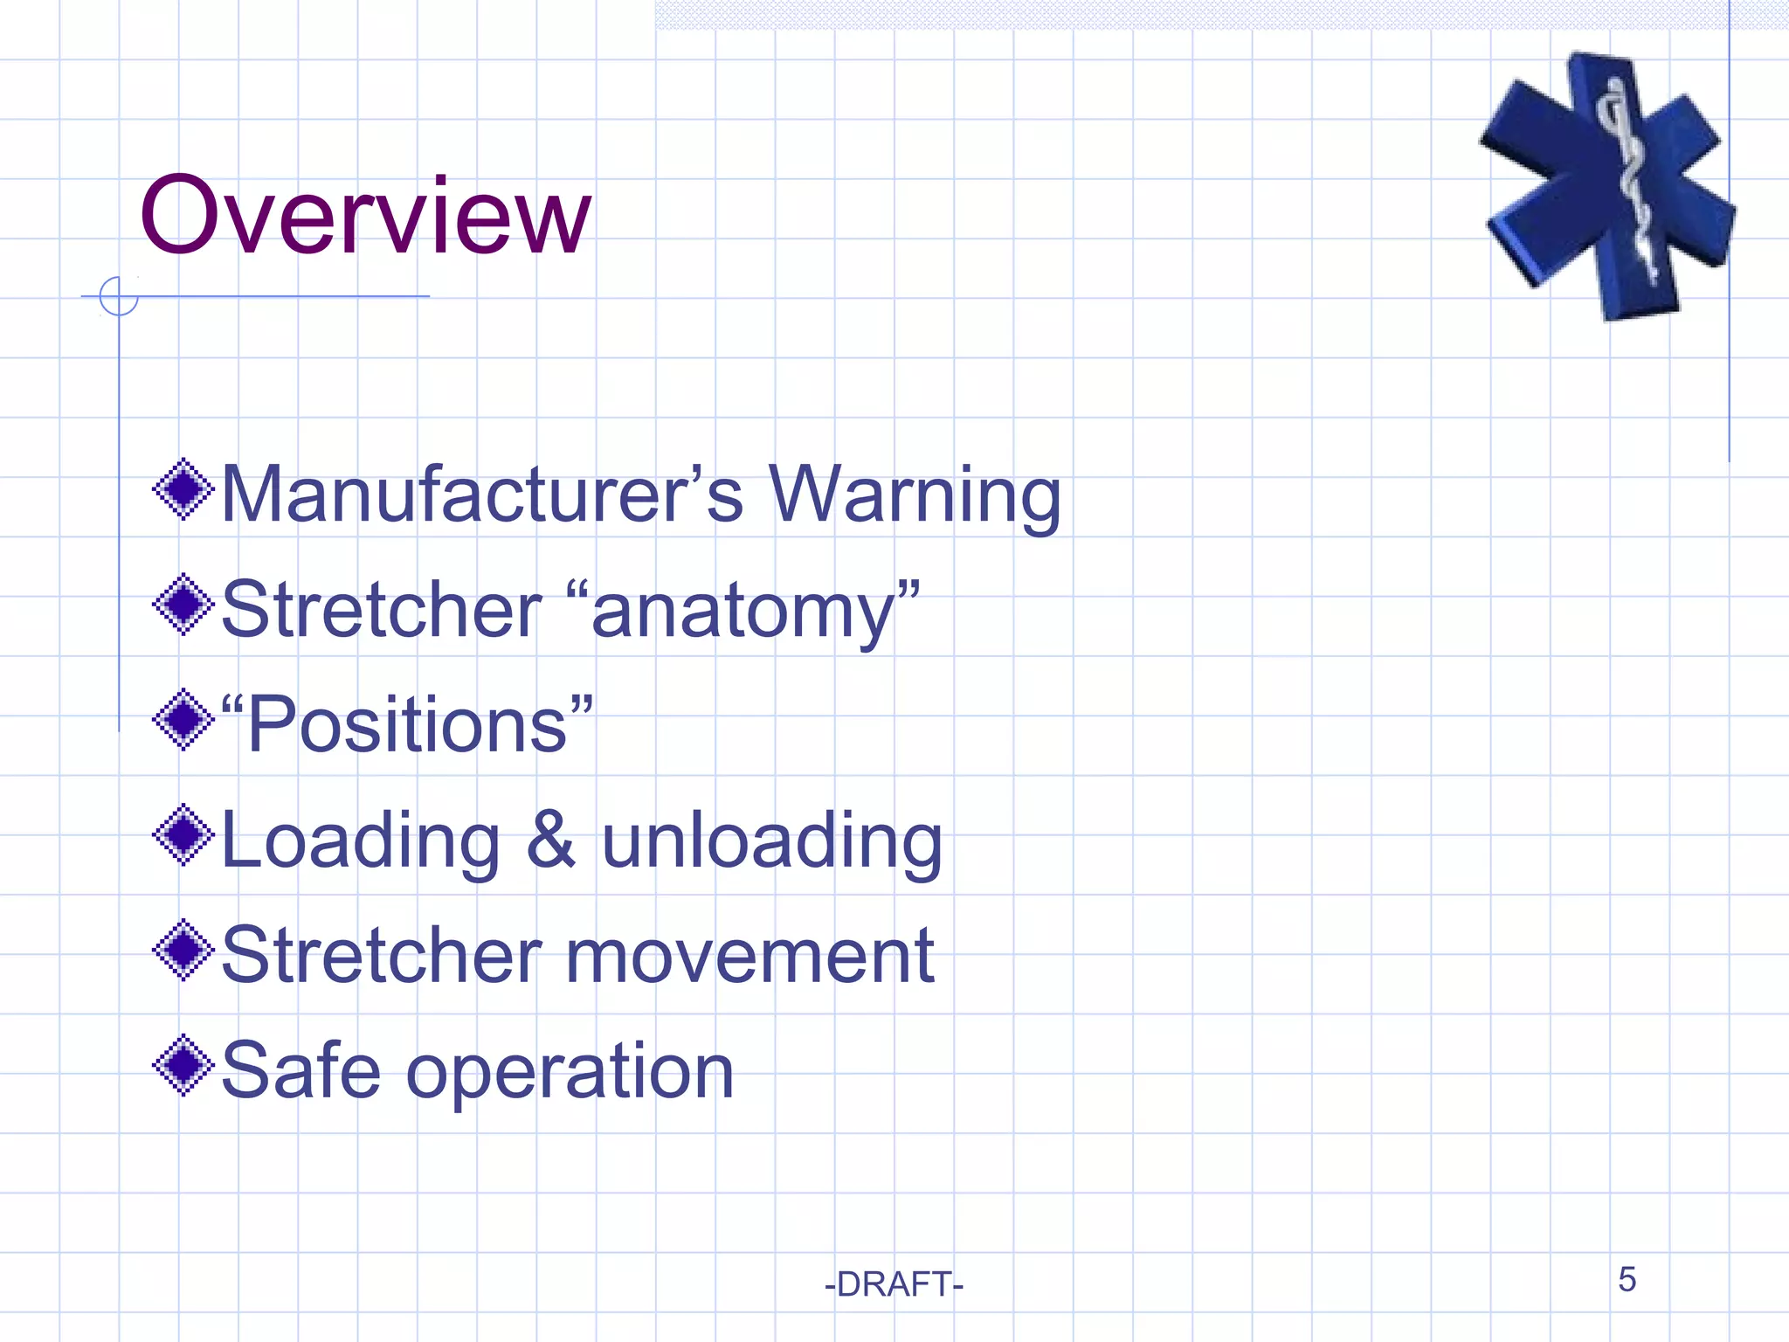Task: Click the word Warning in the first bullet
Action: click(x=914, y=495)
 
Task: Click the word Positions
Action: click(x=407, y=725)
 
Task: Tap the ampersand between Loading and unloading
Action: click(x=550, y=840)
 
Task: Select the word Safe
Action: click(x=300, y=1071)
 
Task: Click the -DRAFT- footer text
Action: click(x=894, y=1284)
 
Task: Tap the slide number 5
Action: click(x=1627, y=1280)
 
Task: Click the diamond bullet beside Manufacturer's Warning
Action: click(x=183, y=489)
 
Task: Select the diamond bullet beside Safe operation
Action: click(x=183, y=1065)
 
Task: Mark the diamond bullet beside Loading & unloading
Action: click(x=183, y=835)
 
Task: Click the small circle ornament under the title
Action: click(x=119, y=296)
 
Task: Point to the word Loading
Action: click(x=361, y=840)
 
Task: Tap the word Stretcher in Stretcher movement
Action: click(x=382, y=956)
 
